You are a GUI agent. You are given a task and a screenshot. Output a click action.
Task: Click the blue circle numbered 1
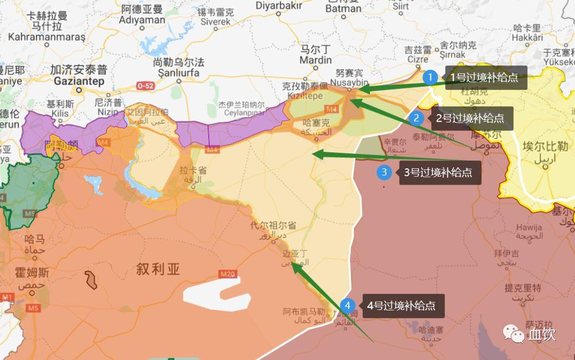pyautogui.click(x=430, y=78)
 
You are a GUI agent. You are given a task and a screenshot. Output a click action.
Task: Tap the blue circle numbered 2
pyautogui.click(x=417, y=118)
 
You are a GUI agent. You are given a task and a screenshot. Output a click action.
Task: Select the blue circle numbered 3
pyautogui.click(x=384, y=172)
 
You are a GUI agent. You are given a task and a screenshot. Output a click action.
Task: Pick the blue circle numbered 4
pyautogui.click(x=348, y=306)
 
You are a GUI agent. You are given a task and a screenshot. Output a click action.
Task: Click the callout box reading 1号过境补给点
pyautogui.click(x=484, y=78)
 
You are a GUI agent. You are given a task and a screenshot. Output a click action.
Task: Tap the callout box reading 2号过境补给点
pyautogui.click(x=470, y=118)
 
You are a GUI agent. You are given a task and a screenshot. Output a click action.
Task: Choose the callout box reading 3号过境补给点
pyautogui.click(x=438, y=173)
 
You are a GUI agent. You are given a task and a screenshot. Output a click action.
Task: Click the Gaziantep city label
pyautogui.click(x=79, y=81)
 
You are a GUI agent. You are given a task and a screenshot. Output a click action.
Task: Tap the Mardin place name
pyautogui.click(x=316, y=60)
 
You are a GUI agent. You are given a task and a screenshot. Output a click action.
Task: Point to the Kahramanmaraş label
pyautogui.click(x=46, y=37)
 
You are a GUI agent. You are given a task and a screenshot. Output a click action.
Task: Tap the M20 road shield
pyautogui.click(x=227, y=274)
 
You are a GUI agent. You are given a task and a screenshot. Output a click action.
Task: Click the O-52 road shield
pyautogui.click(x=145, y=85)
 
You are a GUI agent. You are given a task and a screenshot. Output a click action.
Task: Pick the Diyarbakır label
pyautogui.click(x=279, y=6)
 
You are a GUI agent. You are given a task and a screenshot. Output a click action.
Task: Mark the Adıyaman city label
pyautogui.click(x=142, y=20)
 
